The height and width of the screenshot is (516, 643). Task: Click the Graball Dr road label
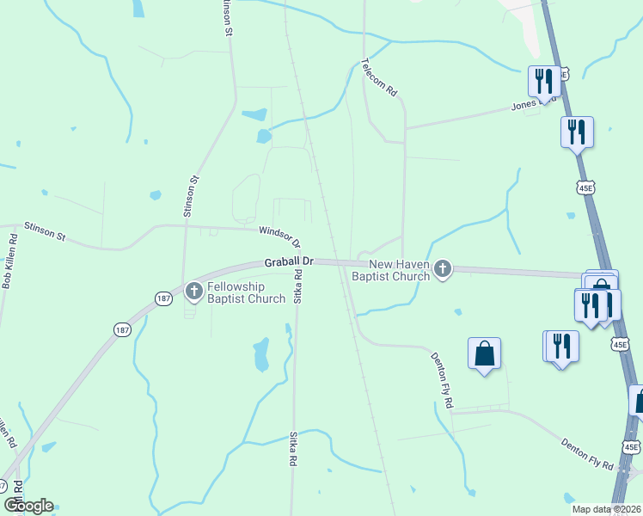point(288,259)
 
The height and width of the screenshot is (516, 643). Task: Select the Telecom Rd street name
point(379,77)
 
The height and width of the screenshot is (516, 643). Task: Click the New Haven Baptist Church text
point(399,270)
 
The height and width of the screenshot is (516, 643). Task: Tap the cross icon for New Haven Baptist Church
point(443,270)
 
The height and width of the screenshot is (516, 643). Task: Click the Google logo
point(28,506)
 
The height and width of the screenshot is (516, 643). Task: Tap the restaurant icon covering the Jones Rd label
point(542,82)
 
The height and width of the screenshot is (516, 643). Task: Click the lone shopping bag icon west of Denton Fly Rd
point(485,353)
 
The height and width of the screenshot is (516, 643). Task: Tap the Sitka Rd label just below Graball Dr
point(297,287)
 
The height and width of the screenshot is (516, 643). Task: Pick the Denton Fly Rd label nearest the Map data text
point(587,455)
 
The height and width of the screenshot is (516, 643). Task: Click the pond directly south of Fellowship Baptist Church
point(261,353)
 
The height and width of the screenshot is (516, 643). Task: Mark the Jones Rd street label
point(524,105)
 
